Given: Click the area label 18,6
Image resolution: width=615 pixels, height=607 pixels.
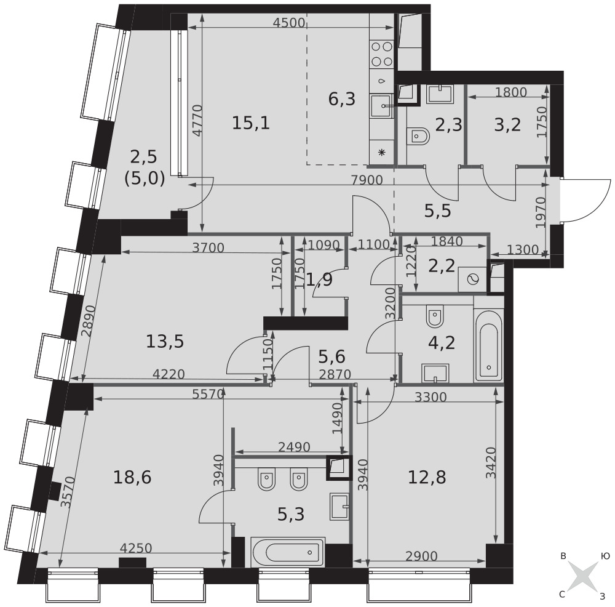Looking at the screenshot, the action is (x=132, y=478).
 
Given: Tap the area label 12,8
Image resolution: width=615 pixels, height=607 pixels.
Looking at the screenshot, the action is (x=427, y=478).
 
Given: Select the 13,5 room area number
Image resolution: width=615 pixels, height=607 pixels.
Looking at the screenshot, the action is (x=165, y=341).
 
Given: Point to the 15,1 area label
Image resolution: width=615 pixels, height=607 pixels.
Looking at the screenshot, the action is (x=251, y=124).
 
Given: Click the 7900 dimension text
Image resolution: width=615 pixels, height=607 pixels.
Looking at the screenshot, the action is (x=367, y=180).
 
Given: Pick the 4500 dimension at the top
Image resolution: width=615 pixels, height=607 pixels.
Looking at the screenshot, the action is (x=289, y=23).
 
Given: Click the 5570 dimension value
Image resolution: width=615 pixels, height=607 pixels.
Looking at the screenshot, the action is (x=208, y=394).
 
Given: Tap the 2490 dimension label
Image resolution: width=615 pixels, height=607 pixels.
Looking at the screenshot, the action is (x=294, y=447).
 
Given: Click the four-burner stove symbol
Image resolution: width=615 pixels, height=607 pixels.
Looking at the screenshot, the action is (x=382, y=54).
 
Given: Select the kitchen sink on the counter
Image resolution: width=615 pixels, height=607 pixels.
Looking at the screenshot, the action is (x=381, y=106).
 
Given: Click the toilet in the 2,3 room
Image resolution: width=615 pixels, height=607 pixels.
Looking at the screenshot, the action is (x=419, y=137).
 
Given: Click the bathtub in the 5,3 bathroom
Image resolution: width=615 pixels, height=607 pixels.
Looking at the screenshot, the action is (x=288, y=552).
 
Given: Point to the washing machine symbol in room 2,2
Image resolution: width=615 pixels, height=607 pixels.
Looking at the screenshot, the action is (x=472, y=279).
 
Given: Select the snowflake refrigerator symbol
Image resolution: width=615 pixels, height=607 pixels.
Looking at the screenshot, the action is (x=381, y=152).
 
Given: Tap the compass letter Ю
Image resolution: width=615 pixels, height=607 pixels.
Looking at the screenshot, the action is (x=605, y=557).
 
